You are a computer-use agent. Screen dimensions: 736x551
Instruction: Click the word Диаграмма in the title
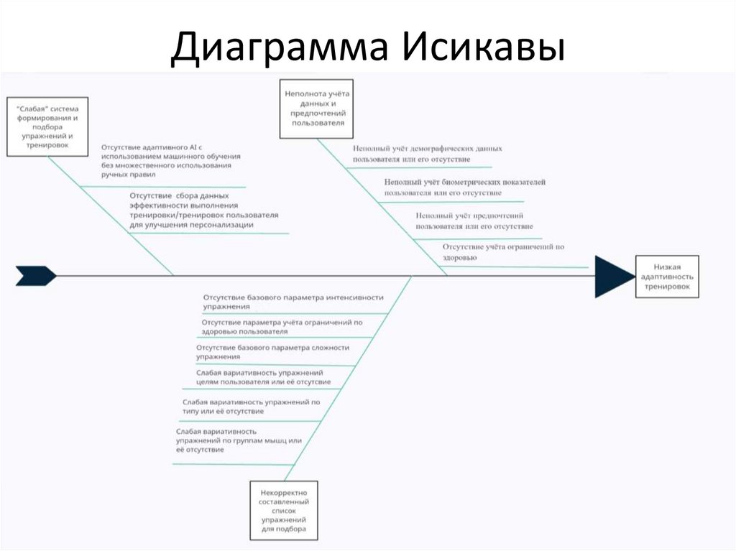click(x=280, y=48)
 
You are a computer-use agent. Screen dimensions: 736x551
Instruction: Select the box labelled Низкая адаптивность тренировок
click(x=666, y=276)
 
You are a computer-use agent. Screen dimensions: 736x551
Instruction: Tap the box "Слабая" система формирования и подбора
click(x=47, y=126)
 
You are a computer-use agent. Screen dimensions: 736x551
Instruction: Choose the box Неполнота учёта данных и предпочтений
click(x=317, y=108)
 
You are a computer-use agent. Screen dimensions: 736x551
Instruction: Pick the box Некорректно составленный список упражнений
click(x=284, y=510)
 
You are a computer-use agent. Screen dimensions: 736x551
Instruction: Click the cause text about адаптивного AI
click(x=170, y=160)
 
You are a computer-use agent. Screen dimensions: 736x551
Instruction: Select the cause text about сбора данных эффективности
click(x=203, y=210)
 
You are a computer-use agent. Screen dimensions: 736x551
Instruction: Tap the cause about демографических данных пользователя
click(x=427, y=153)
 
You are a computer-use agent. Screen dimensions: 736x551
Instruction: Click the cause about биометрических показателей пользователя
click(x=464, y=188)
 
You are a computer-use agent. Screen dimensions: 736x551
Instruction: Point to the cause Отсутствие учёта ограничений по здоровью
click(x=502, y=251)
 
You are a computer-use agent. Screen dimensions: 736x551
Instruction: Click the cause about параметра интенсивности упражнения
click(x=293, y=302)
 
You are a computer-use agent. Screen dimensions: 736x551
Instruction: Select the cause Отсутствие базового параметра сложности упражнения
click(x=272, y=351)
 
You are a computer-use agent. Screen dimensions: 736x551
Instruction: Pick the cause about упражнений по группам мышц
click(x=237, y=440)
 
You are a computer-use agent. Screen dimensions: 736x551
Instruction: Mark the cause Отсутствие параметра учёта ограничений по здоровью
click(x=282, y=327)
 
